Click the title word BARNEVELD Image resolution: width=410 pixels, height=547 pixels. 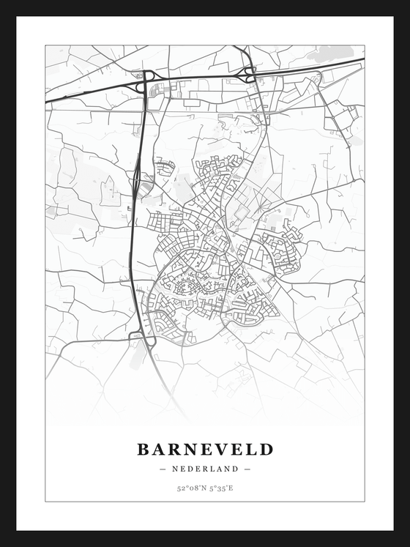pos(205,449)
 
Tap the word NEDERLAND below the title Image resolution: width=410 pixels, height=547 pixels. pos(205,469)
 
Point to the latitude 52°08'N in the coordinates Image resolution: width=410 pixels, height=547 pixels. pos(190,488)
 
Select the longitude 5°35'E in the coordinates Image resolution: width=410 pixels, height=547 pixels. pos(220,488)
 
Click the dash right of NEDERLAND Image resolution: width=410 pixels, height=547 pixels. pos(247,469)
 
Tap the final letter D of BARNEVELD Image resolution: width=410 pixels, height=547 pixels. pos(266,449)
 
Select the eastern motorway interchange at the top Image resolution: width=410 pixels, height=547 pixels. pos(250,74)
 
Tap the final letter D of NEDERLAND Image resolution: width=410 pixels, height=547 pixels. pos(236,469)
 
